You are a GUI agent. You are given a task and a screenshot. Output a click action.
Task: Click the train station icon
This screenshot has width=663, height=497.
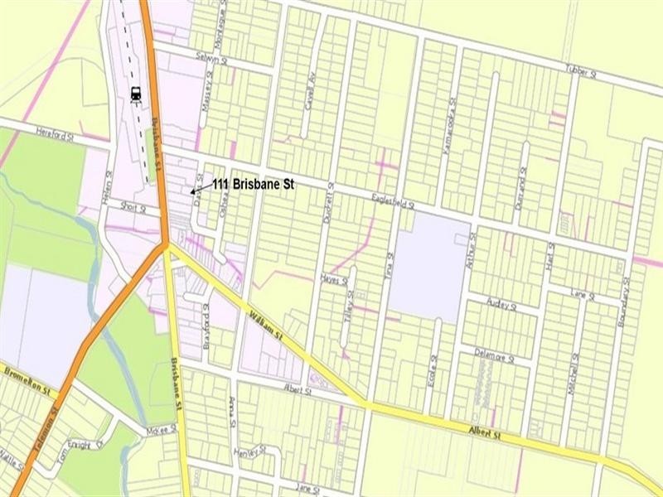coord(134,94)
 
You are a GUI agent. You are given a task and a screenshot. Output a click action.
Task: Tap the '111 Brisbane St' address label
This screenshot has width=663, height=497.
coord(253,184)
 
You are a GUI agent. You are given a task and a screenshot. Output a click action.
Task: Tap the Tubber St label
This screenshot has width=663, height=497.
coord(580,73)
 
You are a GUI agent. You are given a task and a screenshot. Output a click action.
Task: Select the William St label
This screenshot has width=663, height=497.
coord(267,324)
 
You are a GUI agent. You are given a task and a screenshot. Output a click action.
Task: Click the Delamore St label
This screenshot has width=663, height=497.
coord(495,356)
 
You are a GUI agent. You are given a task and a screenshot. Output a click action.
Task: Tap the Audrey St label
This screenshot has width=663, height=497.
coord(501,305)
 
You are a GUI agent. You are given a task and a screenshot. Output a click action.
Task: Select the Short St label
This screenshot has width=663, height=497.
coord(132,208)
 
